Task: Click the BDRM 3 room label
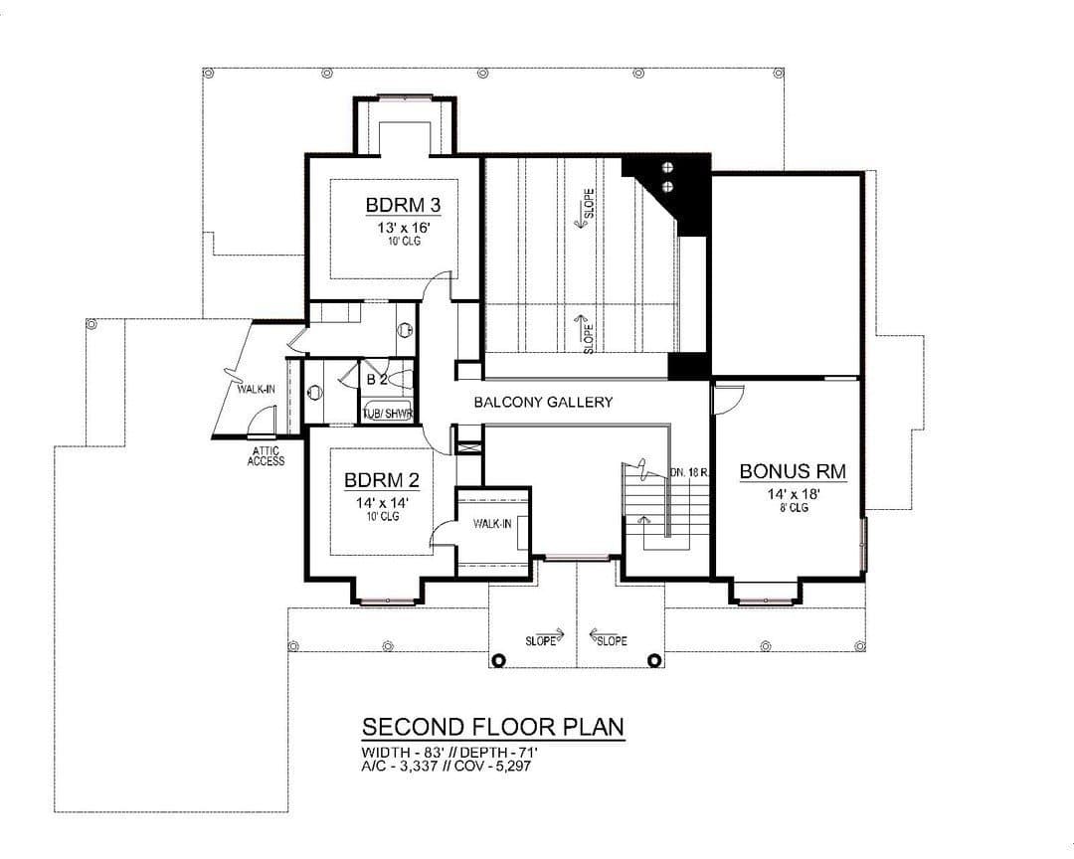403,205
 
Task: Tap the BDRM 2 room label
382,480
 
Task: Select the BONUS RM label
793,471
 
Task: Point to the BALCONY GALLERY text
543,402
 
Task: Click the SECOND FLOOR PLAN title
493,726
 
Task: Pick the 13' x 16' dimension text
403,227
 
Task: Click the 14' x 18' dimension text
794,494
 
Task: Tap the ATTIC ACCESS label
266,456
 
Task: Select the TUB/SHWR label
387,414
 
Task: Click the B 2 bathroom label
378,380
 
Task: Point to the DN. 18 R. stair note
689,472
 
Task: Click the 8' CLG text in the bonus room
794,508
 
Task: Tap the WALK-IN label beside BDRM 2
492,524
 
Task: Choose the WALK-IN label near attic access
257,389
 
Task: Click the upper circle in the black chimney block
667,168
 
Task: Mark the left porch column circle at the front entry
498,660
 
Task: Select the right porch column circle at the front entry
654,660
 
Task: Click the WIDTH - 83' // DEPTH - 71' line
454,753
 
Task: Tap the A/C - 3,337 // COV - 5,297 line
446,766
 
